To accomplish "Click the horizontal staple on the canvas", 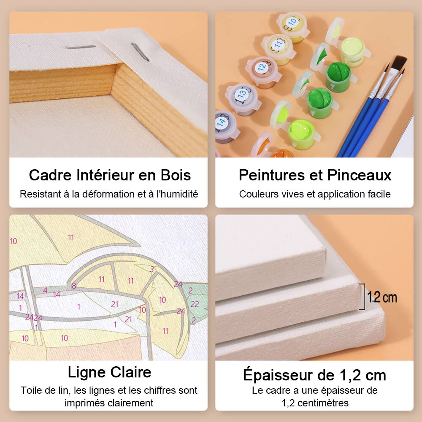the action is pos(81,47).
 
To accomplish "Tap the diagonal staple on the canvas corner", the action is pos(140,51).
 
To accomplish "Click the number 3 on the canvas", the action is pos(152,269).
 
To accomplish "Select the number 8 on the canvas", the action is pos(74,286).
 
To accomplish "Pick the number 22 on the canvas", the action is pos(195,304).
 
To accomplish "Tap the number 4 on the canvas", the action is pos(45,290).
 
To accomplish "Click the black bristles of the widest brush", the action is pos(399,62).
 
